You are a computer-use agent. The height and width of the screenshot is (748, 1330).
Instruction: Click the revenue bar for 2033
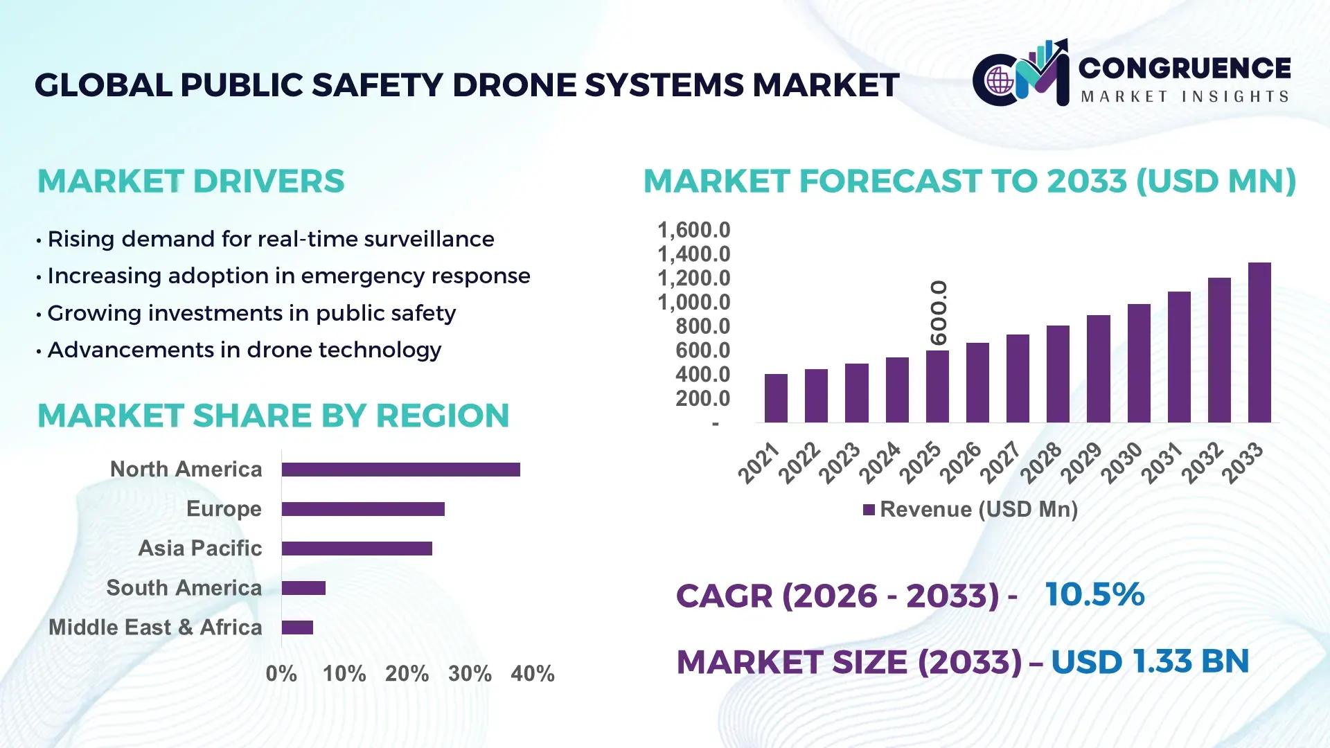click(1259, 343)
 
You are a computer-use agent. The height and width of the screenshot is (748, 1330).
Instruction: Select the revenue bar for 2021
click(776, 398)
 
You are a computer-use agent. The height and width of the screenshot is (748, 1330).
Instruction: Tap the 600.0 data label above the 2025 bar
click(939, 312)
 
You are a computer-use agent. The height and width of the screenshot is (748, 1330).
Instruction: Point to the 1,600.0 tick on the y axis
click(693, 230)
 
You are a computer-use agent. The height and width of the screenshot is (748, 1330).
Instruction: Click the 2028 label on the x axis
click(1040, 462)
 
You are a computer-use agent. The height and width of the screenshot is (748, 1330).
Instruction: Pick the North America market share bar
click(400, 470)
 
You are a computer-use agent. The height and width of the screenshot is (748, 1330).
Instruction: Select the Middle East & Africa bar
click(297, 627)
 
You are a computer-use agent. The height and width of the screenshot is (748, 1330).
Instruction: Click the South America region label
click(184, 588)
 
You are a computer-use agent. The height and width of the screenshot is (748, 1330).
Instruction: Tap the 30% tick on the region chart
click(470, 673)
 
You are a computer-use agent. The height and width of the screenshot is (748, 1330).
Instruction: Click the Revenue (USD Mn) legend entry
click(970, 510)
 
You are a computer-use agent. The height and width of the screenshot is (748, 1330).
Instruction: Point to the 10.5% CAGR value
click(1094, 594)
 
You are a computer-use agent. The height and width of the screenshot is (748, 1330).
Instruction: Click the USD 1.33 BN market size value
click(1150, 661)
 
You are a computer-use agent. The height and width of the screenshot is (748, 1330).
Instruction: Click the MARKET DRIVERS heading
click(190, 181)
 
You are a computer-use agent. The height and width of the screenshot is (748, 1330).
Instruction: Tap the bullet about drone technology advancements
click(244, 350)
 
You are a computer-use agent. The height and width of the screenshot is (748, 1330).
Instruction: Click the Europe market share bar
click(363, 509)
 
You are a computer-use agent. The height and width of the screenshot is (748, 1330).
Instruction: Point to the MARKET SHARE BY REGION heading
click(273, 416)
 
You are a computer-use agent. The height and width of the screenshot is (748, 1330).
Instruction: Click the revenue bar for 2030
click(1138, 364)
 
